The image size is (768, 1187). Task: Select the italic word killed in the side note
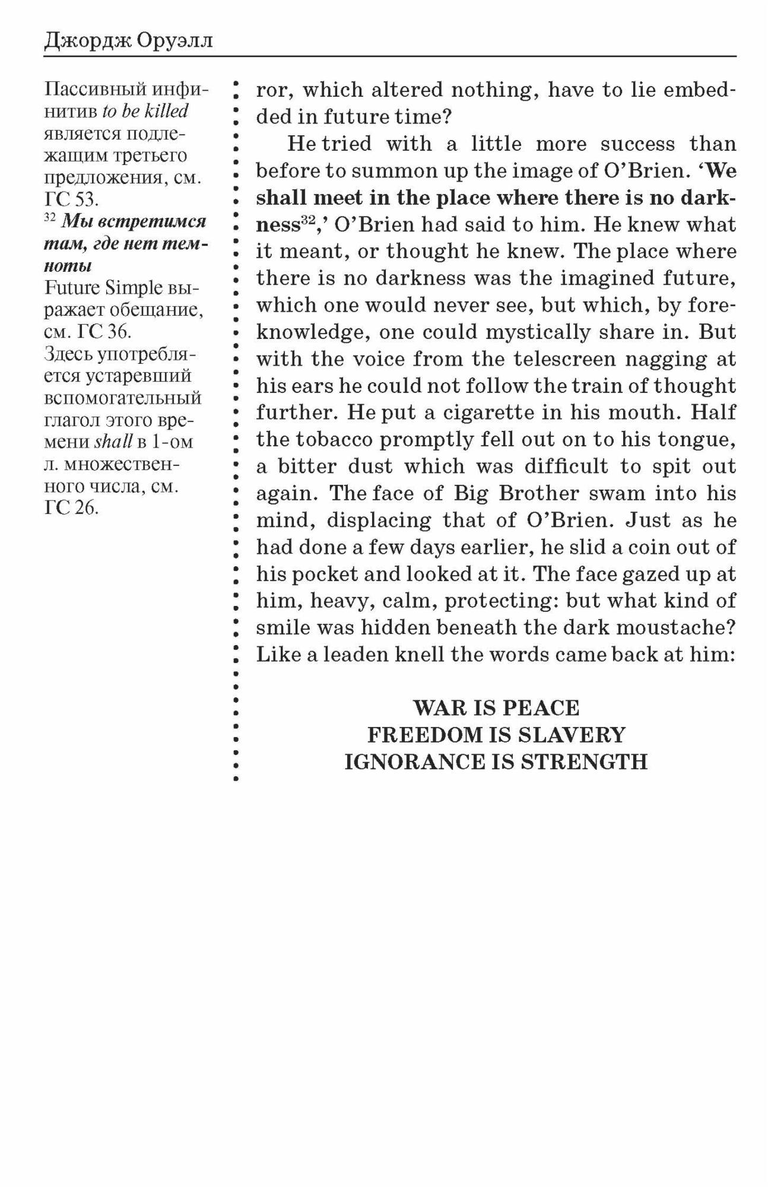[x=167, y=111]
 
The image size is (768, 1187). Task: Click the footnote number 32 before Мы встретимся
[x=50, y=219]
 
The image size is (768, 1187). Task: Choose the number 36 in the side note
[x=118, y=331]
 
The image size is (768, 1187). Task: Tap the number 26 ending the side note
[x=85, y=508]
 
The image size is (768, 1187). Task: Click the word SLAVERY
[x=572, y=735]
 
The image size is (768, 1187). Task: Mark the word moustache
[x=677, y=627]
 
